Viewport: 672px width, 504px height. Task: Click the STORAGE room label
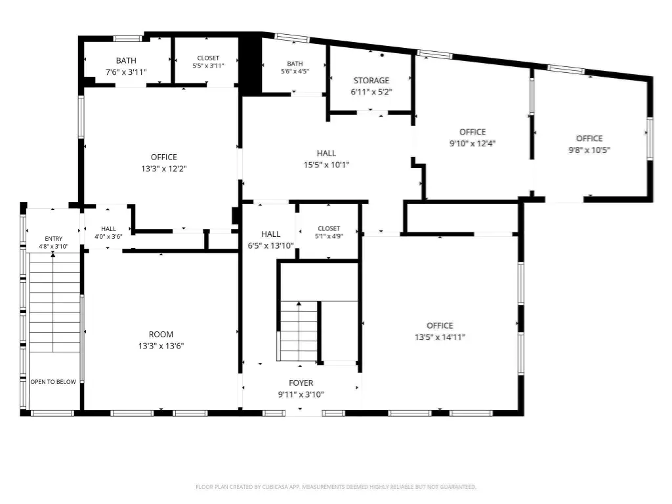[371, 80]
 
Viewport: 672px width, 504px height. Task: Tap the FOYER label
[301, 383]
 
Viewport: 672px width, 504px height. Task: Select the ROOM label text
[161, 334]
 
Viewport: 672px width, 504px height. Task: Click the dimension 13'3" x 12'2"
[163, 169]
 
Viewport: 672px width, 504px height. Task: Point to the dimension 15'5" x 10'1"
[327, 165]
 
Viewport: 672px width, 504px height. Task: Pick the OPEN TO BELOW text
[53, 381]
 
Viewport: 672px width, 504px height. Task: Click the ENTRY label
[54, 239]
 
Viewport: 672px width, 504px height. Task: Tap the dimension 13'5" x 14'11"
[440, 337]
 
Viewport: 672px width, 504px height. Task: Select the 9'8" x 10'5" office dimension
[589, 150]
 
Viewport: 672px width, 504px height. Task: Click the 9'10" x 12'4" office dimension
[472, 143]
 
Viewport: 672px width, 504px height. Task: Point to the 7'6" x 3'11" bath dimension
[126, 72]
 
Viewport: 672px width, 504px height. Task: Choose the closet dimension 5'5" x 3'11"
[208, 66]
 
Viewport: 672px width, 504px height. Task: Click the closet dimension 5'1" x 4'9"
[329, 236]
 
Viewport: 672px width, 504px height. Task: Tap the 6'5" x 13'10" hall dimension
[270, 245]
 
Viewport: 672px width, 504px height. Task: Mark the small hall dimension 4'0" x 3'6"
[108, 236]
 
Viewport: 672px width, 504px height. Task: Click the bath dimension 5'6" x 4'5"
[295, 71]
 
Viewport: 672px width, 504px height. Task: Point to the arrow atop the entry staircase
[53, 254]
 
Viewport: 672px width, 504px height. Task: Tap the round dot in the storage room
[382, 55]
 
